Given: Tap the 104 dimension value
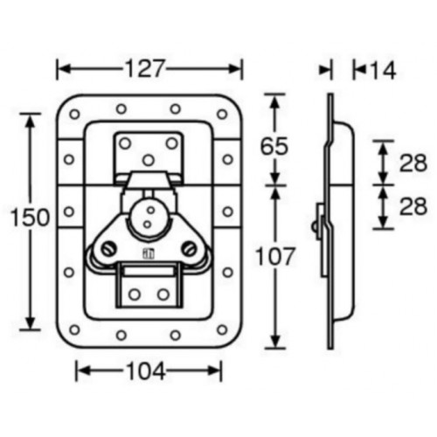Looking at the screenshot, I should click(147, 371).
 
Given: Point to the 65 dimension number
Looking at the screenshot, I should click(274, 146).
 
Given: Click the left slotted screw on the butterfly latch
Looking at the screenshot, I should click(106, 250).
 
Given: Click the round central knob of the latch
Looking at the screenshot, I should click(146, 218).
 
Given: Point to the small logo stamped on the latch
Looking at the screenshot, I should click(147, 255).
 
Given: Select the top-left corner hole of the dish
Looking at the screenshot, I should click(73, 112).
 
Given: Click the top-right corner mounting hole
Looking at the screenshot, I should click(222, 112).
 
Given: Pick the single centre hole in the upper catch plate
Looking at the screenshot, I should click(148, 159).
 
